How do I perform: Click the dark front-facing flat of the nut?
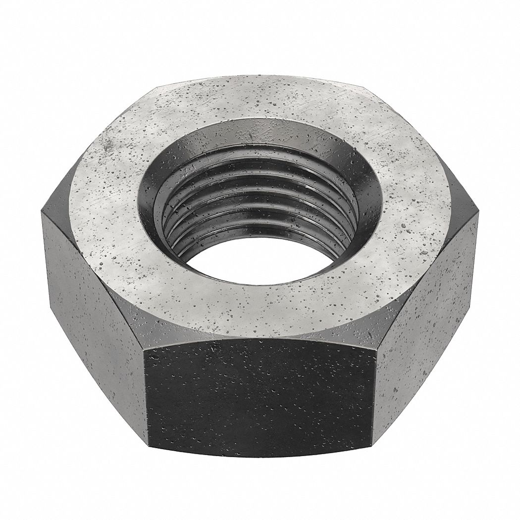tap(260, 396)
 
